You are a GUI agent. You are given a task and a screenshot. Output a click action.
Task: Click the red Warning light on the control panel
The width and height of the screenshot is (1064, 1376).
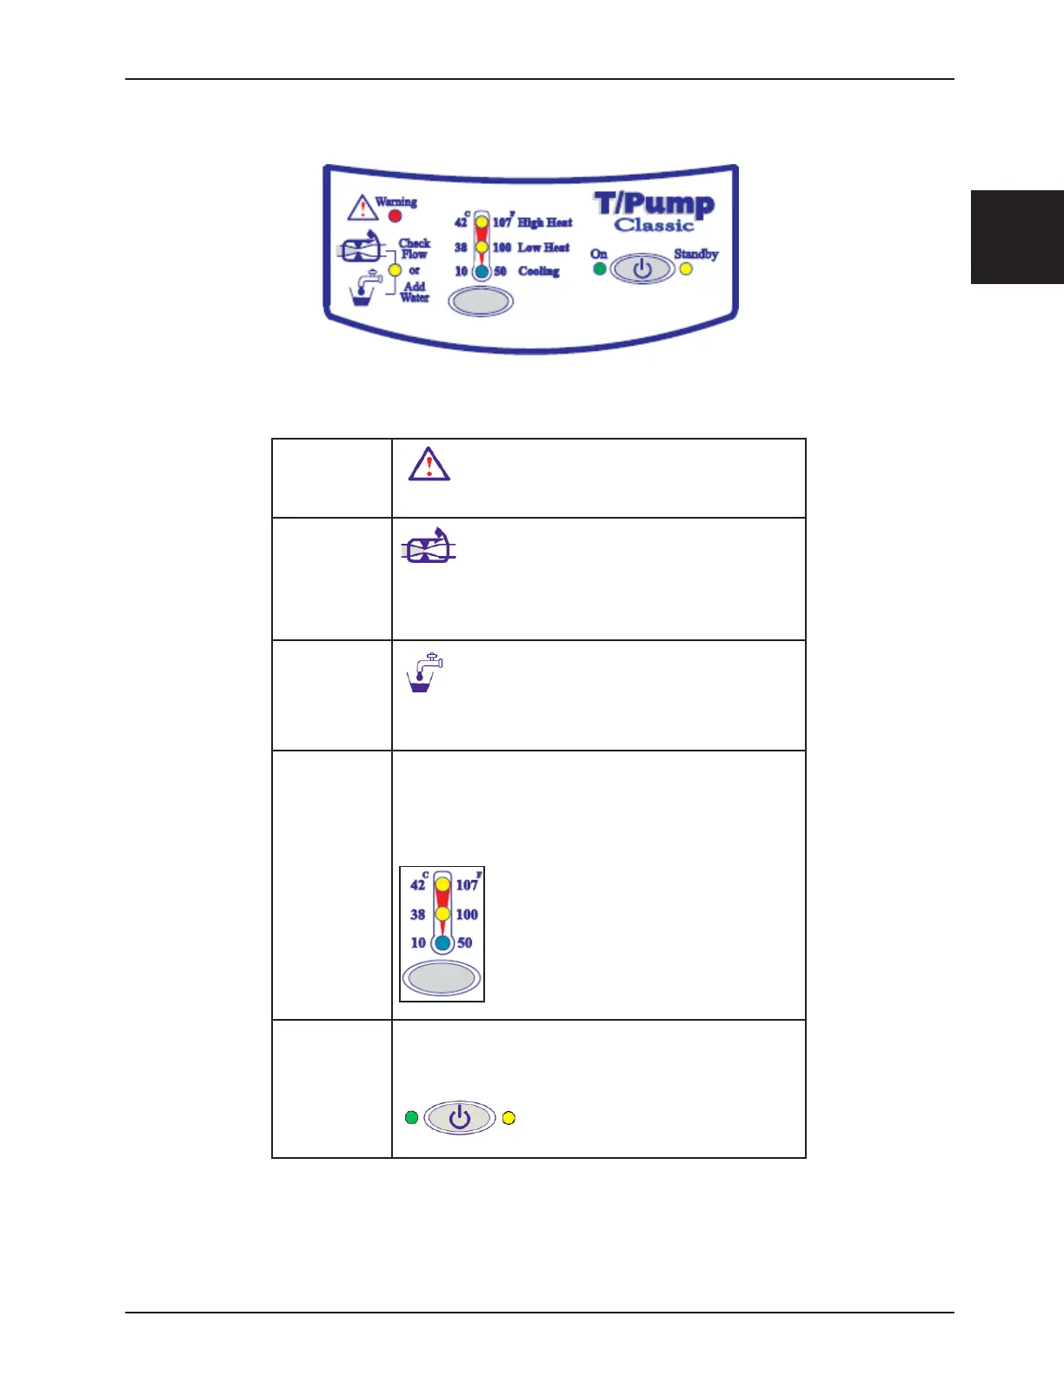tap(395, 215)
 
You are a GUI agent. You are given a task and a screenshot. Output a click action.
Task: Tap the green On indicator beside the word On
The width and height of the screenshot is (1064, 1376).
tap(599, 268)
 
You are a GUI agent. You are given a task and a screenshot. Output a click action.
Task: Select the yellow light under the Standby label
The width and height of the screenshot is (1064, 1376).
tap(686, 268)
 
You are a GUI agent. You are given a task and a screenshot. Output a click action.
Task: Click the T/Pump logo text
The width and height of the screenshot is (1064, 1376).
tap(655, 204)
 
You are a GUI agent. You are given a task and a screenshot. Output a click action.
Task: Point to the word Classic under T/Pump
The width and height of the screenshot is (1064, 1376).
tap(655, 226)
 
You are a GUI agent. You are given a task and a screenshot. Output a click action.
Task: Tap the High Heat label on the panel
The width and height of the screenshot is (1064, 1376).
tap(545, 222)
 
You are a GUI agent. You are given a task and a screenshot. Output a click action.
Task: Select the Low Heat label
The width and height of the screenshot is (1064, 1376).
tap(543, 248)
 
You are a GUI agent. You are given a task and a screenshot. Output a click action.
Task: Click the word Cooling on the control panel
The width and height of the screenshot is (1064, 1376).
tap(539, 271)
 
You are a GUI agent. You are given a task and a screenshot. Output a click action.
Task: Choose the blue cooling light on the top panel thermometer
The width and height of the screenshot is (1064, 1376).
tap(482, 271)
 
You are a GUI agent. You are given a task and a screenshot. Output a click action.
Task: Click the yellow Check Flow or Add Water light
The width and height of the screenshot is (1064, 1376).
tap(395, 270)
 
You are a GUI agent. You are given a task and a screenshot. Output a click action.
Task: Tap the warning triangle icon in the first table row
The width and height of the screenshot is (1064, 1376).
tap(429, 465)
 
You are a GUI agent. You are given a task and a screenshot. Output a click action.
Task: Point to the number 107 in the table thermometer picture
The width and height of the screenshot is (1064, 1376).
tap(467, 885)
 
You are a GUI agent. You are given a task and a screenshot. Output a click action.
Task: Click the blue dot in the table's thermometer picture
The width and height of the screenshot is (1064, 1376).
tap(442, 943)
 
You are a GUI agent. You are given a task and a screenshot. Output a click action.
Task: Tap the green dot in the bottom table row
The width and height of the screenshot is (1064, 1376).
tap(411, 1117)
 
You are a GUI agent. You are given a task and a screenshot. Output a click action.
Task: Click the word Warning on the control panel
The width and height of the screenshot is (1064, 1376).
tap(396, 202)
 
